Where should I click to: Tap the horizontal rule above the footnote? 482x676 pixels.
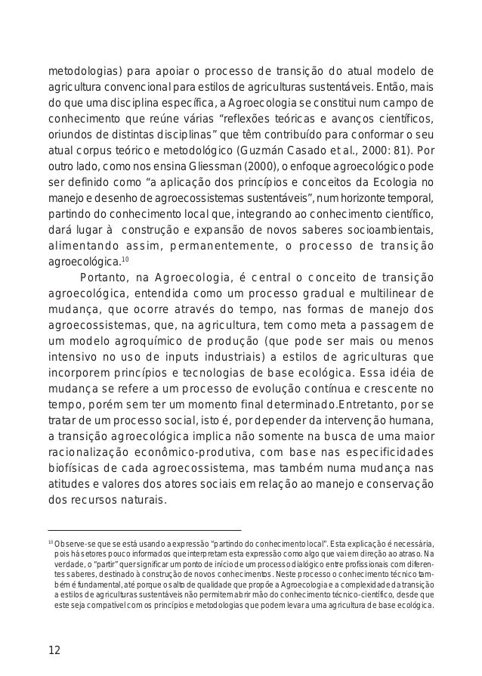[x=144, y=530]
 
